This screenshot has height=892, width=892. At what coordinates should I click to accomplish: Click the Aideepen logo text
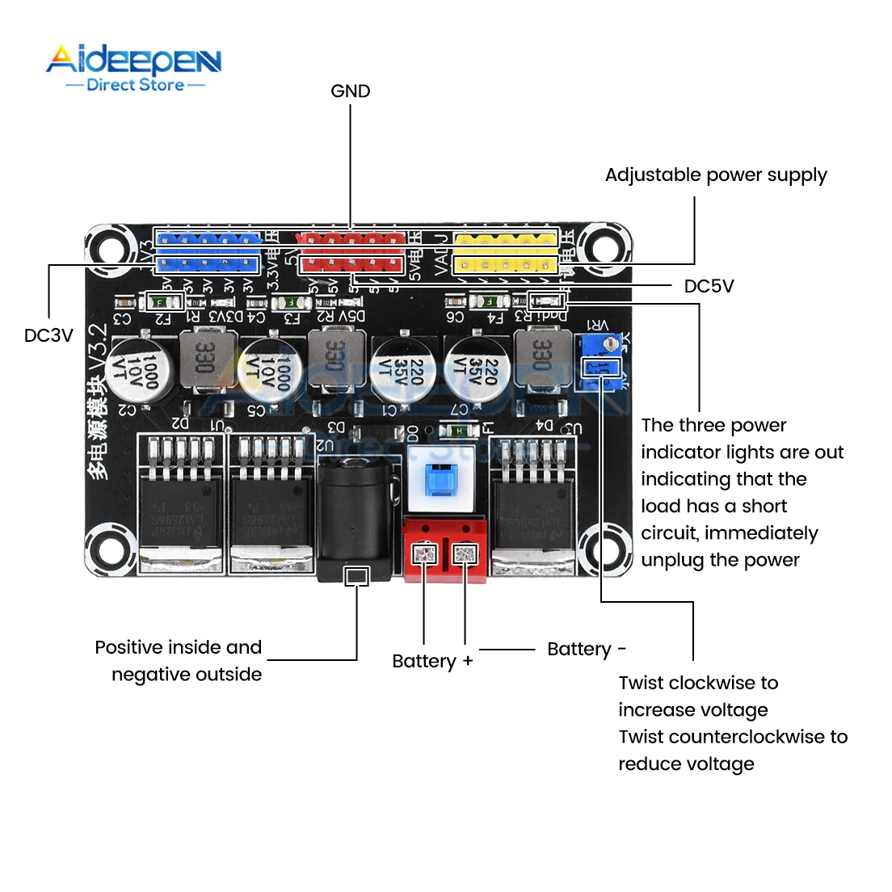tap(133, 60)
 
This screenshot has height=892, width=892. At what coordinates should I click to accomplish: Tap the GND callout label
tap(351, 91)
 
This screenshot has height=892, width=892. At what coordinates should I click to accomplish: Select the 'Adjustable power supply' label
tap(716, 175)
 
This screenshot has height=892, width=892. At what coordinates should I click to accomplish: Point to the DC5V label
tap(709, 286)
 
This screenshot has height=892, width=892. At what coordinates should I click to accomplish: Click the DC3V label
tap(48, 335)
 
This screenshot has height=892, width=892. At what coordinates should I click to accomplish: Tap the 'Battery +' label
tap(432, 661)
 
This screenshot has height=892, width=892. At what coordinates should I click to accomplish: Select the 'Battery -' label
tap(587, 649)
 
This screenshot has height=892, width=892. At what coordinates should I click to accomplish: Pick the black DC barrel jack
tap(356, 517)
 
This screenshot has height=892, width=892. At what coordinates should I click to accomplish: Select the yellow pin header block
tap(505, 252)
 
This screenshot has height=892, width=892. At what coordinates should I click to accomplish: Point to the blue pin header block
tap(208, 252)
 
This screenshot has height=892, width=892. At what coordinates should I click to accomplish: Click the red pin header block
tap(351, 252)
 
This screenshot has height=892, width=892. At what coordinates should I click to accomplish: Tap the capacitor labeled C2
tap(138, 370)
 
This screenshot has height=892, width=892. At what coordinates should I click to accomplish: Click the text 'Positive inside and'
tap(179, 647)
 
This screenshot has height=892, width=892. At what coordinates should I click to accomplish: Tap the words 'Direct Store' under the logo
tap(135, 85)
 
